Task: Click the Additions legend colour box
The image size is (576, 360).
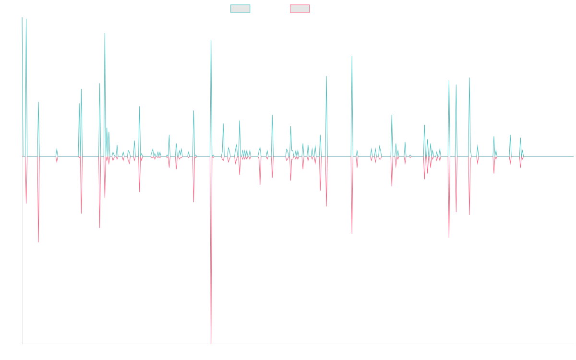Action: point(240,9)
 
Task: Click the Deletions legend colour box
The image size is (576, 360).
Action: point(300,9)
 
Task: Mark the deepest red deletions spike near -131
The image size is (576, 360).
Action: point(211,343)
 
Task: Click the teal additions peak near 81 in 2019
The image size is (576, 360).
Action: point(211,40)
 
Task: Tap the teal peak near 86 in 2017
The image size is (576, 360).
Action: point(105,33)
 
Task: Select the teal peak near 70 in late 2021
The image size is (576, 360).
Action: point(352,56)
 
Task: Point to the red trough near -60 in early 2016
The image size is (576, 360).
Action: point(38,241)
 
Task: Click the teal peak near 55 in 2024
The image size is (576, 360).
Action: point(469,78)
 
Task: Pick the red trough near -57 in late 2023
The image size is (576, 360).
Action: point(449,237)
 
